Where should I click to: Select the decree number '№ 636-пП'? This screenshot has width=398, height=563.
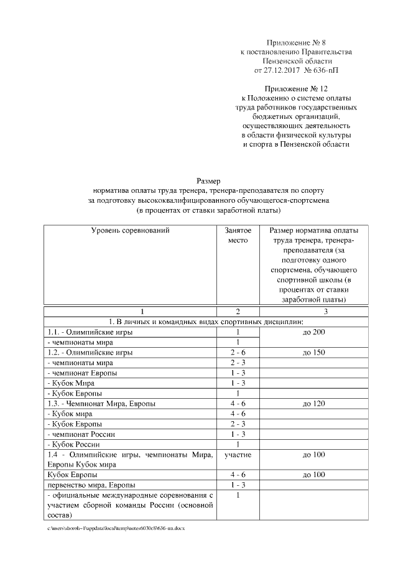pyautogui.click(x=326, y=71)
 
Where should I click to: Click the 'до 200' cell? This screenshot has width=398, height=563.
pyautogui.click(x=315, y=332)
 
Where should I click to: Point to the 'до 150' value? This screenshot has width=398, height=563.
pyautogui.click(x=315, y=352)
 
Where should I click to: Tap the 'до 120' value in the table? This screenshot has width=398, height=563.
pyautogui.click(x=315, y=403)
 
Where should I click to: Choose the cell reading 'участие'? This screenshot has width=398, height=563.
pyautogui.click(x=238, y=455)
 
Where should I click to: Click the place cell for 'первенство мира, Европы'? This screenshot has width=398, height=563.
pyautogui.click(x=238, y=485)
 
